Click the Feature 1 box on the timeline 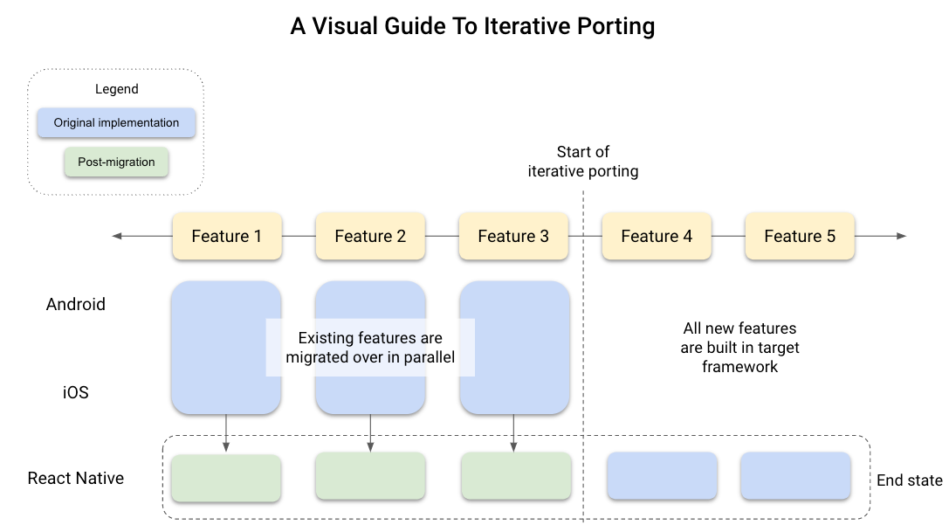227,237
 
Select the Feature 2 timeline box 370,237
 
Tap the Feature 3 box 513,237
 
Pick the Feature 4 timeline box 657,237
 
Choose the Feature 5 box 800,237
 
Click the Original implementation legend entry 116,123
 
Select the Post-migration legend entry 116,162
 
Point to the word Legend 116,89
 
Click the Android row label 76,304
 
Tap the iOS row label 76,392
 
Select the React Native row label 76,478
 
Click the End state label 910,480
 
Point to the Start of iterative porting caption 583,162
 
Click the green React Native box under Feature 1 226,477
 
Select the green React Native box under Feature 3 516,477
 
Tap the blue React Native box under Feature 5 795,475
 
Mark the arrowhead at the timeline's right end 901,236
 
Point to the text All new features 739,328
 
